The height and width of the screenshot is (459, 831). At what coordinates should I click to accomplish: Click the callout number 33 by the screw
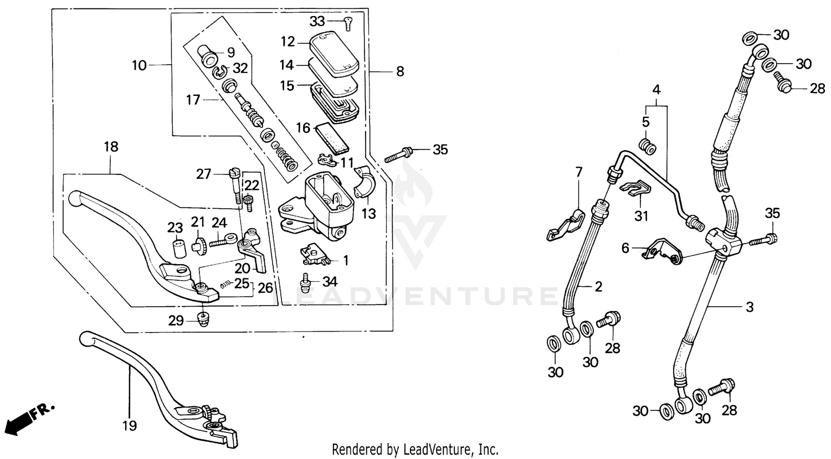click(317, 22)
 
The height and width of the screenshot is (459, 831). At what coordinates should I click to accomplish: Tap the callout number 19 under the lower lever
click(129, 426)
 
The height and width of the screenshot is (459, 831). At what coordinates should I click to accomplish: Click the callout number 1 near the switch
click(346, 260)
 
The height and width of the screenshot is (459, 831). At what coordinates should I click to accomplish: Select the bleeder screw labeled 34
click(305, 282)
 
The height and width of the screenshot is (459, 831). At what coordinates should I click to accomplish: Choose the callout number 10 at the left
click(139, 65)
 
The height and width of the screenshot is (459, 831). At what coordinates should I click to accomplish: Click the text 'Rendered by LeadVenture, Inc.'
click(415, 448)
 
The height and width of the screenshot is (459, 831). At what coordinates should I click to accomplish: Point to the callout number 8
click(400, 71)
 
